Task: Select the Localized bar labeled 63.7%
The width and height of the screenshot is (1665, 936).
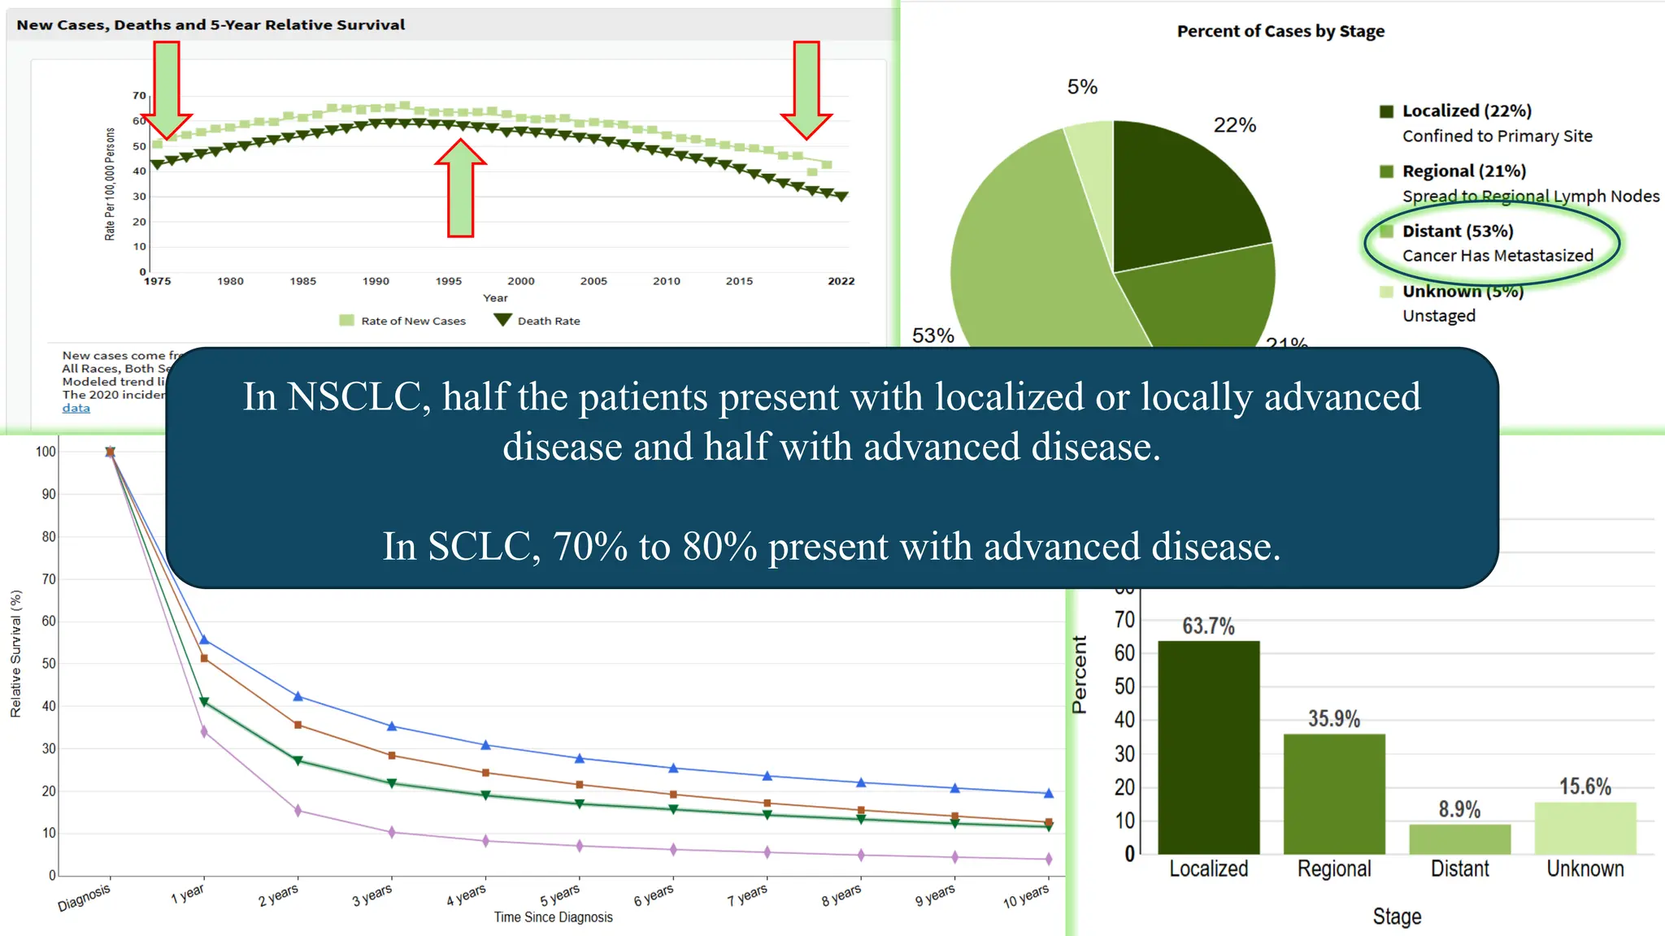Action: tap(1208, 747)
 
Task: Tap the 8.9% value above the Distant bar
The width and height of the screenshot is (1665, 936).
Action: tap(1459, 809)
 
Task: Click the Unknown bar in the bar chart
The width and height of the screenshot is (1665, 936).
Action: tap(1585, 829)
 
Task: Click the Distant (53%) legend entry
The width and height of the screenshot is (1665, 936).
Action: tap(1457, 232)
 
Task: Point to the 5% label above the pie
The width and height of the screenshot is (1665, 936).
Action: tap(1082, 87)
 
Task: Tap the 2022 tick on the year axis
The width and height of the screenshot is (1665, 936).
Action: tap(841, 281)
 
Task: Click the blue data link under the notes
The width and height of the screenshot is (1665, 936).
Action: tap(76, 408)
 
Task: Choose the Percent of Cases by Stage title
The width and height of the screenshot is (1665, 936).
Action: tap(1280, 32)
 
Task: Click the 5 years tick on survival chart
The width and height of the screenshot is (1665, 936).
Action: tap(560, 895)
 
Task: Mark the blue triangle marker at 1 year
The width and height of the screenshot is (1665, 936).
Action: tap(204, 640)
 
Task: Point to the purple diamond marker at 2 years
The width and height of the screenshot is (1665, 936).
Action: tap(298, 810)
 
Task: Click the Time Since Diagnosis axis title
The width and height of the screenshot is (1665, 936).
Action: tap(553, 917)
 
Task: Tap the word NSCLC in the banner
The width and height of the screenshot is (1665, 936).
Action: tap(358, 397)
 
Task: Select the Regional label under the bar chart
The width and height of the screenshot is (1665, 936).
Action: tap(1333, 869)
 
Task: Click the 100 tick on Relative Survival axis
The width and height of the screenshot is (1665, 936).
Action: tap(46, 452)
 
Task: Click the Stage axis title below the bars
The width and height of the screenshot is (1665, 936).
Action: tap(1397, 916)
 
